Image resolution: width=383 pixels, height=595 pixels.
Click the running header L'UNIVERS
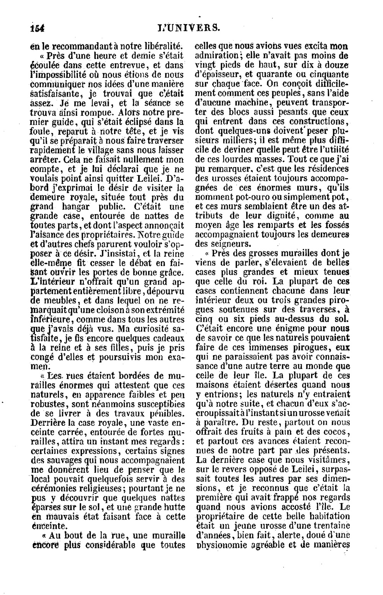tap(188, 28)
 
